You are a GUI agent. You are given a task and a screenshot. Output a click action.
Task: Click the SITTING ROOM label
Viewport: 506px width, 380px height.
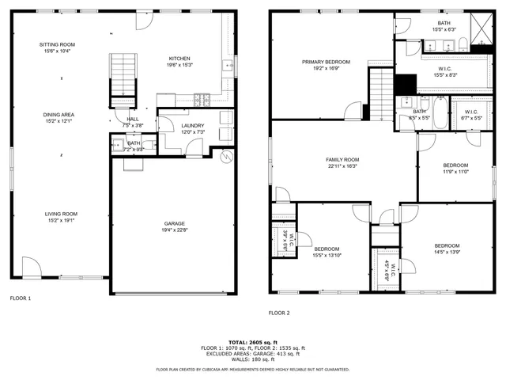click(x=56, y=44)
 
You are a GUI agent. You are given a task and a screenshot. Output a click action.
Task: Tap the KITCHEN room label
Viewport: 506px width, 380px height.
click(x=179, y=59)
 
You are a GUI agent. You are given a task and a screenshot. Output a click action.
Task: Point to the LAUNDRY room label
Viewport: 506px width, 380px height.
click(x=193, y=125)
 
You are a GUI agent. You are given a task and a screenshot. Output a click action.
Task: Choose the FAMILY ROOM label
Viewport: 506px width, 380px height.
click(x=342, y=159)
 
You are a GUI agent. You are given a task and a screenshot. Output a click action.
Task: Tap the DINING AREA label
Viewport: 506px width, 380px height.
click(x=59, y=115)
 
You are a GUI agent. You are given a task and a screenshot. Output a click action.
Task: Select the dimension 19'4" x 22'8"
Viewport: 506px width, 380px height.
click(x=175, y=230)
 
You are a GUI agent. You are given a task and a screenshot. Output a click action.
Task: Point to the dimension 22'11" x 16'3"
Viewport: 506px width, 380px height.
click(x=342, y=166)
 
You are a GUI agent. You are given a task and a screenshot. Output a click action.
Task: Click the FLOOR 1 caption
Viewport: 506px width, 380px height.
click(x=20, y=298)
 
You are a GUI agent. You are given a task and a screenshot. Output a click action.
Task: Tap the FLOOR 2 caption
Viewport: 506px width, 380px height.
click(x=279, y=313)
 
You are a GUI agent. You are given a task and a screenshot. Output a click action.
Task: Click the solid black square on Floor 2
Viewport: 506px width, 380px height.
click(x=405, y=84)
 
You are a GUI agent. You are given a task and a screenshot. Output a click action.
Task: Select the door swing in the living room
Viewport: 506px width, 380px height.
click(x=32, y=268)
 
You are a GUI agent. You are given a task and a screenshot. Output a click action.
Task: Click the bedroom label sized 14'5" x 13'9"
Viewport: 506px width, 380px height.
click(x=447, y=245)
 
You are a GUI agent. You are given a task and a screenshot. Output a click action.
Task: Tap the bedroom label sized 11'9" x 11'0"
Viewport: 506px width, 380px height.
click(x=455, y=165)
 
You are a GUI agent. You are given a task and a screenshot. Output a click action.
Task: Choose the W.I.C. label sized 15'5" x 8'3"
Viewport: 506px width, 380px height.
click(x=445, y=68)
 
